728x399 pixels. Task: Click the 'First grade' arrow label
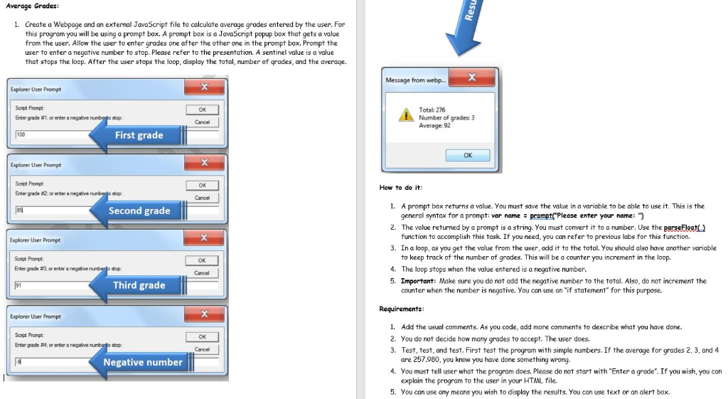pyautogui.click(x=139, y=135)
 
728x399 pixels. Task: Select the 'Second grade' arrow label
pyautogui.click(x=139, y=211)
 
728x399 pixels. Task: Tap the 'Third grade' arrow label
pyautogui.click(x=139, y=285)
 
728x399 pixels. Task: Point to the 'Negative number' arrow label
pyautogui.click(x=142, y=362)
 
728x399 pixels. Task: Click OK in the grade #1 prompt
pyautogui.click(x=202, y=110)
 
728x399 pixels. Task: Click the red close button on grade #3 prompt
pyautogui.click(x=204, y=238)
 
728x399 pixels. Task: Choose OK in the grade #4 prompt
pyautogui.click(x=202, y=336)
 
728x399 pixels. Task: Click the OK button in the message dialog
pyautogui.click(x=467, y=155)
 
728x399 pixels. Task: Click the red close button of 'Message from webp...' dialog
pyautogui.click(x=471, y=79)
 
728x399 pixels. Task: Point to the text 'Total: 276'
pyautogui.click(x=432, y=110)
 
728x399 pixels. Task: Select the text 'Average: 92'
pyautogui.click(x=434, y=125)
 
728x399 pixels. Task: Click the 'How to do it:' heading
pyautogui.click(x=401, y=188)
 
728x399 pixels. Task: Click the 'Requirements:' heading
pyautogui.click(x=402, y=309)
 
